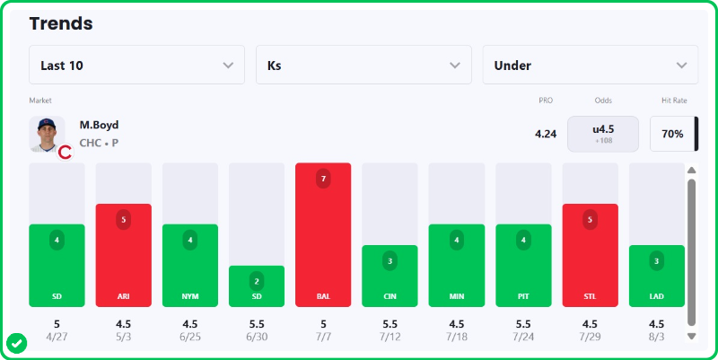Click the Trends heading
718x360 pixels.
61,23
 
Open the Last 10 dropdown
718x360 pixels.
136,65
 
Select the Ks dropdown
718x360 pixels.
363,65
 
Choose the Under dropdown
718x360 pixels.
591,65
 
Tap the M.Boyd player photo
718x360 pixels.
48,134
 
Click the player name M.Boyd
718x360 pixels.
99,125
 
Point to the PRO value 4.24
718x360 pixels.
546,134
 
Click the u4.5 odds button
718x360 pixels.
603,134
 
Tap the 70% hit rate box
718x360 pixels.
672,134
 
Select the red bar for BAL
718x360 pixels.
323,234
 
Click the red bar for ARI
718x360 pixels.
123,255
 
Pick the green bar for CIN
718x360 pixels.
390,276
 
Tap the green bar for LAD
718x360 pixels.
657,276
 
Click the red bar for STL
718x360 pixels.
591,255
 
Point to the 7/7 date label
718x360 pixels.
323,337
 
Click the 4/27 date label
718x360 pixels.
57,337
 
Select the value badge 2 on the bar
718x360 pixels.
257,281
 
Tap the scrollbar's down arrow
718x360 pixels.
691,336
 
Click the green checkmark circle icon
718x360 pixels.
17,344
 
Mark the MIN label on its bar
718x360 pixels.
457,296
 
